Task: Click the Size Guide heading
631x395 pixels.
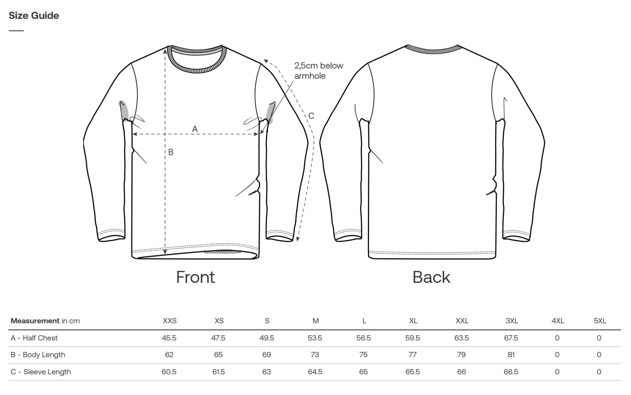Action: point(34,15)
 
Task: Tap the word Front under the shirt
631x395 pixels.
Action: point(195,277)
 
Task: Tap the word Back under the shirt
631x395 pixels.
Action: point(431,277)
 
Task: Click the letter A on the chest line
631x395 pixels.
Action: point(194,129)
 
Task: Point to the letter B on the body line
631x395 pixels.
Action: point(171,152)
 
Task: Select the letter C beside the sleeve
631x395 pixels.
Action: point(311,116)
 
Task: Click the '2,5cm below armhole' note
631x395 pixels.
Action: point(319,71)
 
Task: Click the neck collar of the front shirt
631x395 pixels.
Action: point(197,59)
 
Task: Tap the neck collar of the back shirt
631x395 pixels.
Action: point(433,49)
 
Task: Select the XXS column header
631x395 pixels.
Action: point(169,321)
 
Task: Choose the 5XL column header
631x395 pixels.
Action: point(600,321)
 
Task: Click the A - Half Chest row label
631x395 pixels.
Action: point(34,338)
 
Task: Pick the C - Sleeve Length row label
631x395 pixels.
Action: point(41,372)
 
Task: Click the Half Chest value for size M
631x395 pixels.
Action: point(315,338)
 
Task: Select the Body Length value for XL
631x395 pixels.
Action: point(412,355)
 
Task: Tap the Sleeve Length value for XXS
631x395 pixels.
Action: point(169,372)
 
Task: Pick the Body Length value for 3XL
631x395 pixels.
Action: point(511,355)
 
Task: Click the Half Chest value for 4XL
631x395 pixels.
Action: point(557,338)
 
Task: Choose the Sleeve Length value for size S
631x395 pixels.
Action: point(267,372)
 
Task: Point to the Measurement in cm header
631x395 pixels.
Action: point(45,321)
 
